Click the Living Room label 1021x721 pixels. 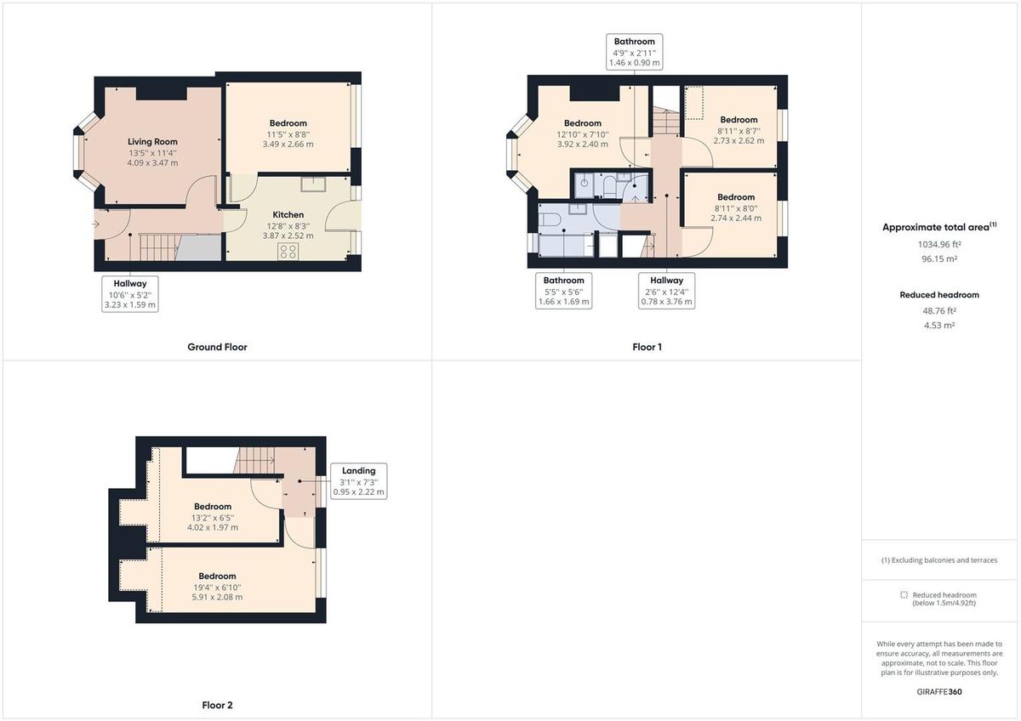pos(152,142)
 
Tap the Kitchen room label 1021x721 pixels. pos(288,215)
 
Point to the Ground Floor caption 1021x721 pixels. pos(217,347)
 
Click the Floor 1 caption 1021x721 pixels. pos(647,347)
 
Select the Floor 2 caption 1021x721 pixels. pos(217,705)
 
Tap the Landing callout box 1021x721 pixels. pos(358,481)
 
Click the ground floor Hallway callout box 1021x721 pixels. pos(130,294)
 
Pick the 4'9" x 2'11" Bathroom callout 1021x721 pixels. pos(635,52)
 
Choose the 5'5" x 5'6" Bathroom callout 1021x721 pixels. pos(563,291)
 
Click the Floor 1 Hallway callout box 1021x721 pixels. pos(666,291)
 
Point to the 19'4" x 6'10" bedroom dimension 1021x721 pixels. pos(217,587)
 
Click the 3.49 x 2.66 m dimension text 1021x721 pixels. pos(288,144)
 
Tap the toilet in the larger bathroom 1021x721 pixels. pos(548,221)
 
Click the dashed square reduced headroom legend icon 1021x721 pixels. pos(904,595)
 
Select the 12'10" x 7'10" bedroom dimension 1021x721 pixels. pos(583,134)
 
